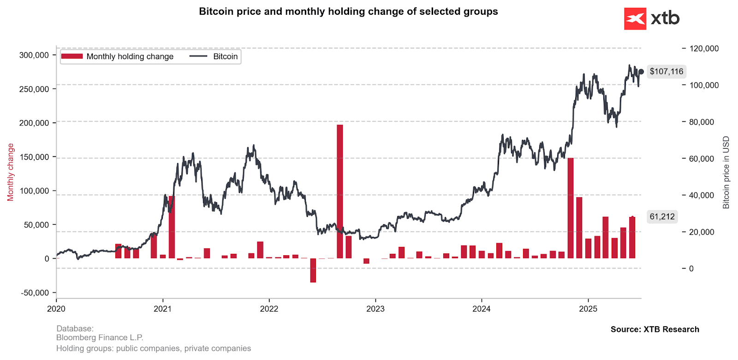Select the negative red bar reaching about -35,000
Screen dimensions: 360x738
(x=313, y=270)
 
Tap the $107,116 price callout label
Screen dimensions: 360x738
(x=666, y=72)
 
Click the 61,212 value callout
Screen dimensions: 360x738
(x=662, y=216)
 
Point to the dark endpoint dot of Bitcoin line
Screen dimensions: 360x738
(x=641, y=72)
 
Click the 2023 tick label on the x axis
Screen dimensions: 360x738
(x=375, y=309)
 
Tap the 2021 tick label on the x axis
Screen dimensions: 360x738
(x=162, y=309)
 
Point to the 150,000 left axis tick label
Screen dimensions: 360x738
(x=34, y=157)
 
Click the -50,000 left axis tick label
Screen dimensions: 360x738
(x=35, y=293)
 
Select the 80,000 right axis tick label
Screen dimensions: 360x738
(x=701, y=122)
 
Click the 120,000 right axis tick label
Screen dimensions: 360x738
(x=703, y=48)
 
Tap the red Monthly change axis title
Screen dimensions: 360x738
(x=11, y=172)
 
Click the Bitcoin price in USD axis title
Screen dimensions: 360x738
(x=726, y=172)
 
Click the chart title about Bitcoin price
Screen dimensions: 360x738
(x=348, y=12)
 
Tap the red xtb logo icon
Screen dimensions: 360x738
(x=635, y=19)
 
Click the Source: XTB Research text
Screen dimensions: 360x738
(x=655, y=329)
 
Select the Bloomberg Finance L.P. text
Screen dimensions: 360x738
(x=100, y=338)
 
